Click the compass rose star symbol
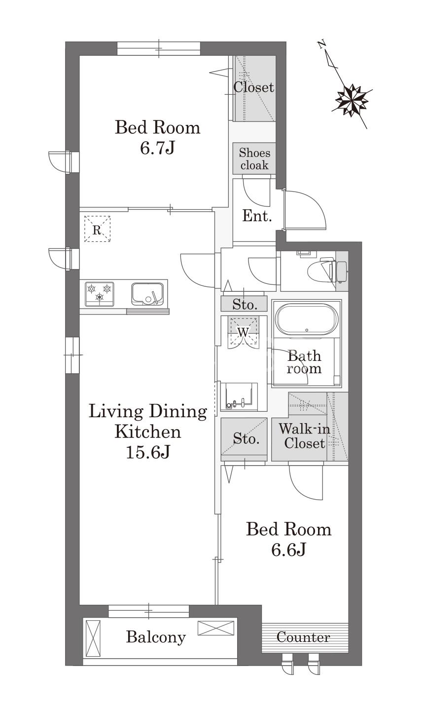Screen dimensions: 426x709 [x=352, y=100]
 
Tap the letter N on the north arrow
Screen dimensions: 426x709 [x=322, y=44]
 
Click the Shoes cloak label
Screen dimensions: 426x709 [x=254, y=159]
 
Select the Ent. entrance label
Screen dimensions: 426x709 [x=257, y=216]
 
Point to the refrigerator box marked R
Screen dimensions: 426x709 [x=97, y=229]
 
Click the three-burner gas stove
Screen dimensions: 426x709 [x=99, y=294]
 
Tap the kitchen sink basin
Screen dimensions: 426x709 [x=147, y=294]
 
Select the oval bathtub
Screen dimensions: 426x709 [x=307, y=319]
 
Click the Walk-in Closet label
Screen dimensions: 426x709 [x=305, y=436]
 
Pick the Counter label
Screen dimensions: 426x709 [x=303, y=637]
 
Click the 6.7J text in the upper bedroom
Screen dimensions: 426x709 [x=157, y=148]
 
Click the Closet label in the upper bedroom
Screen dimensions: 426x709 [x=254, y=87]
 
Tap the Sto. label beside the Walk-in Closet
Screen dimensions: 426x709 [x=247, y=439]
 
